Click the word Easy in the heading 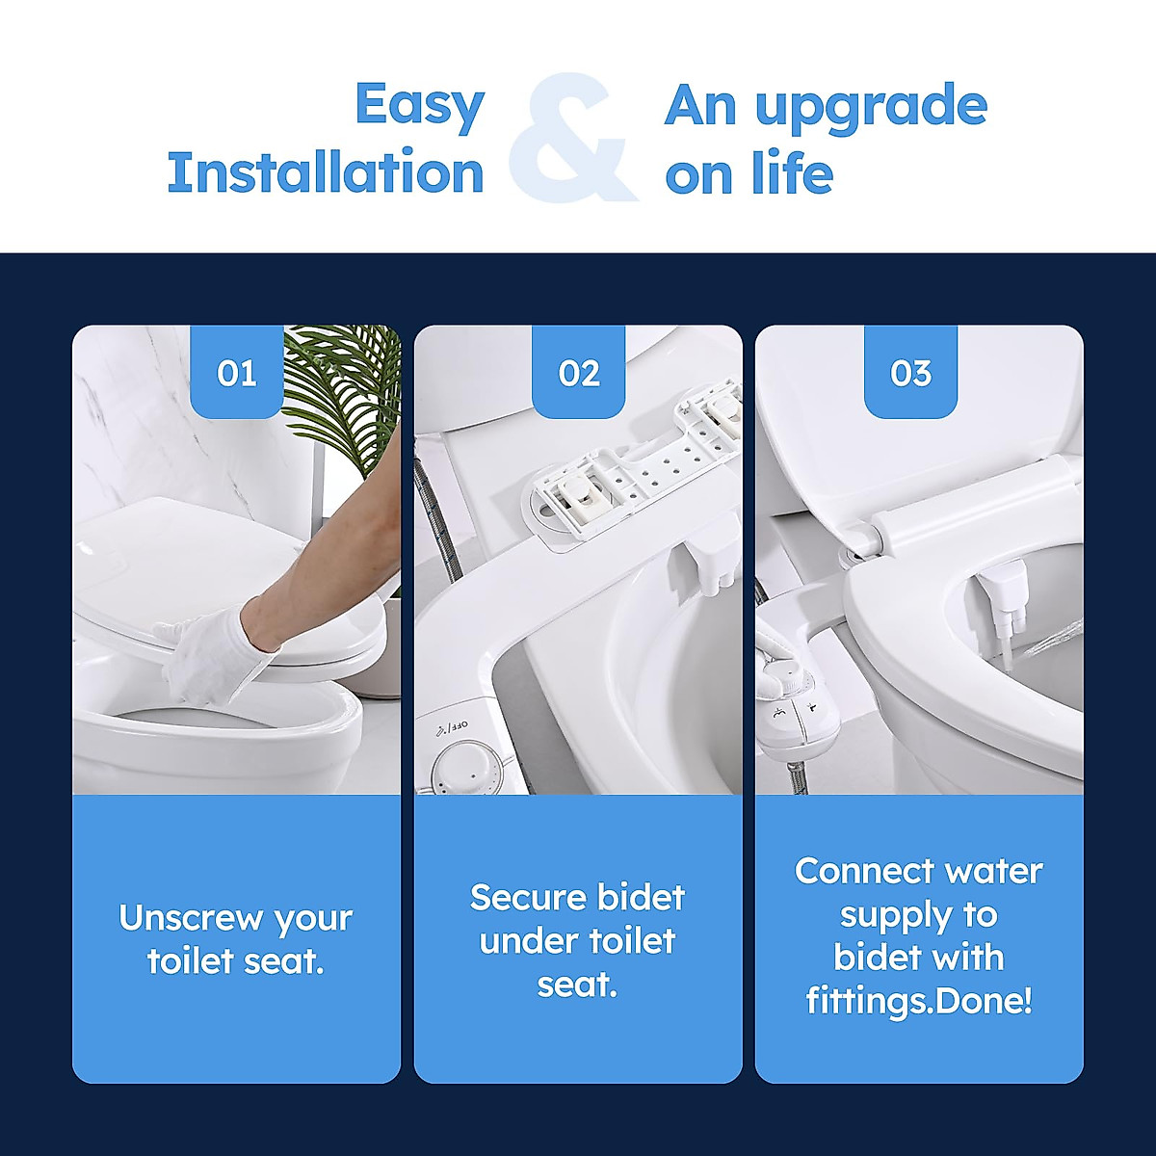pyautogui.click(x=419, y=106)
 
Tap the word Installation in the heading pyautogui.click(x=326, y=173)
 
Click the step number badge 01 pyautogui.click(x=237, y=373)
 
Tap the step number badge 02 pyautogui.click(x=579, y=373)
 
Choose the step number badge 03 pyautogui.click(x=911, y=373)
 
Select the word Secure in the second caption pyautogui.click(x=527, y=898)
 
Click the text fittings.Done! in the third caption pyautogui.click(x=919, y=1001)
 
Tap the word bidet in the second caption pyautogui.click(x=641, y=898)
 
